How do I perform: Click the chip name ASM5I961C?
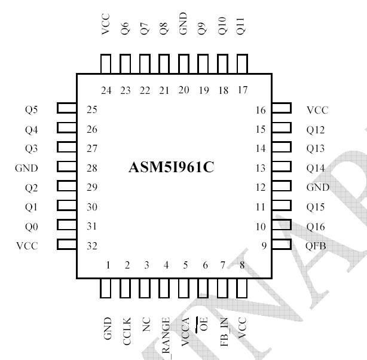[171, 167]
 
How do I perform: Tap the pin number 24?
[106, 90]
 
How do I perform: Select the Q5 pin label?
[30, 109]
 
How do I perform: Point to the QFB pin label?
[317, 246]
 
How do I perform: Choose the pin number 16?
[260, 110]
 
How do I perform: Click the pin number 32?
[92, 246]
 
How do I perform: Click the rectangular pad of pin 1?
[106, 288]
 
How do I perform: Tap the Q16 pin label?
[316, 227]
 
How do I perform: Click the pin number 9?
[262, 246]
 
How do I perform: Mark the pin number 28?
[92, 168]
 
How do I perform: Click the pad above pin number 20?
[183, 63]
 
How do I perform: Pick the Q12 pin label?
[316, 130]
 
